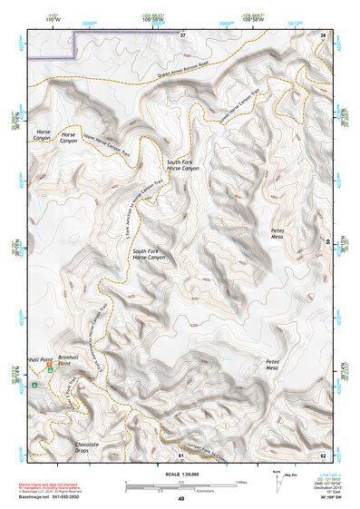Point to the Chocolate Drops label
coord(87,446)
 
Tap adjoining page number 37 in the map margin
coord(182,34)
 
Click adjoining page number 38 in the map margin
coord(323,35)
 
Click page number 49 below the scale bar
coord(180,499)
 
